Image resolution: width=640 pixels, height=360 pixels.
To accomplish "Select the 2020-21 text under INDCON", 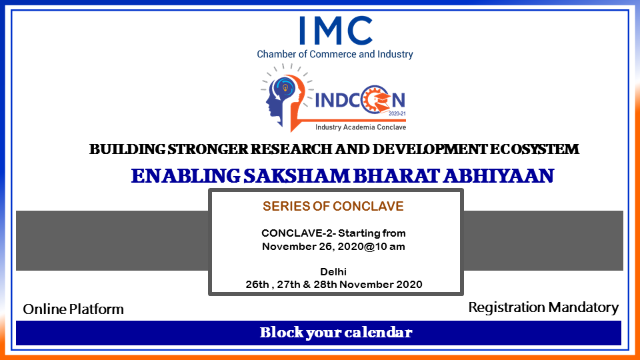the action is point(397,114).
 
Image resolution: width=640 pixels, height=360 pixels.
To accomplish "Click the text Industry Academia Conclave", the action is point(361,127).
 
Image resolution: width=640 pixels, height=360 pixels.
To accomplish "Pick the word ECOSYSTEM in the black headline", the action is point(534,149).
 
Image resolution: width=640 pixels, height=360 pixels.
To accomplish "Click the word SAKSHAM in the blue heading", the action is point(297,176).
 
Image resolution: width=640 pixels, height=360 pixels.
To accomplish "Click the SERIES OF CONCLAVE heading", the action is point(333,206).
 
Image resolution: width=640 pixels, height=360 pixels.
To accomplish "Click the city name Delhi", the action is point(333,272).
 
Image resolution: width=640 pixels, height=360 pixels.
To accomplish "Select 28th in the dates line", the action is point(325,285).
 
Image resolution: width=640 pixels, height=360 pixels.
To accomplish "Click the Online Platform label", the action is point(73,309).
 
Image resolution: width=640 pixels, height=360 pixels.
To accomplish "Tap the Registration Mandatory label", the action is point(543,307).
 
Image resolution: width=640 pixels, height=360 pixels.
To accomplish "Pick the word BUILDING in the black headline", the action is point(127,149).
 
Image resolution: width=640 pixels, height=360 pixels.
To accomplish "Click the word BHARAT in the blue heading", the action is point(396,176).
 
